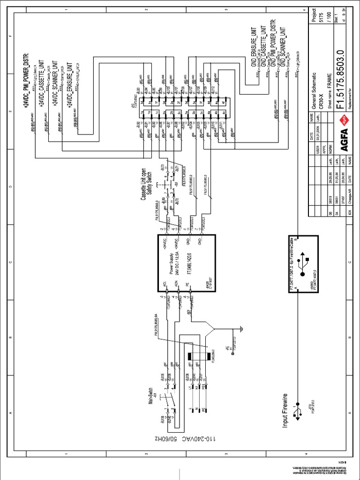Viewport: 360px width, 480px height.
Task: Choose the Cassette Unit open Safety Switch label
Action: pos(147,191)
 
